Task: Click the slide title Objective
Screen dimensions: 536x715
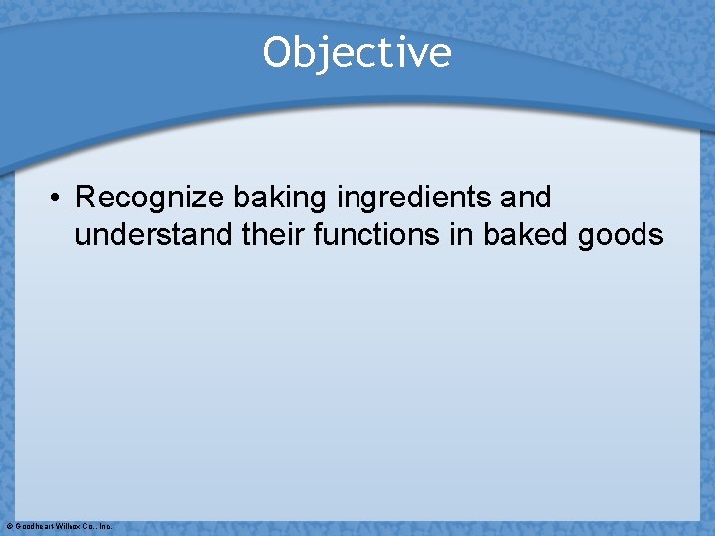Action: (x=357, y=52)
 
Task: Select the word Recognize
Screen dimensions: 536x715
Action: (x=150, y=198)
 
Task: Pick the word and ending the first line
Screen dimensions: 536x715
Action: (x=526, y=198)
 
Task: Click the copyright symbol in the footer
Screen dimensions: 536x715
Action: (x=9, y=526)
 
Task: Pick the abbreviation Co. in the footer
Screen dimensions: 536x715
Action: (x=89, y=526)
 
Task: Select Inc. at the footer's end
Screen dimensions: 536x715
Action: (x=106, y=526)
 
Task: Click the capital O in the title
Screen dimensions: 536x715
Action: (x=276, y=52)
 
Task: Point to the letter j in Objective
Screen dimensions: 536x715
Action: (x=323, y=54)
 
